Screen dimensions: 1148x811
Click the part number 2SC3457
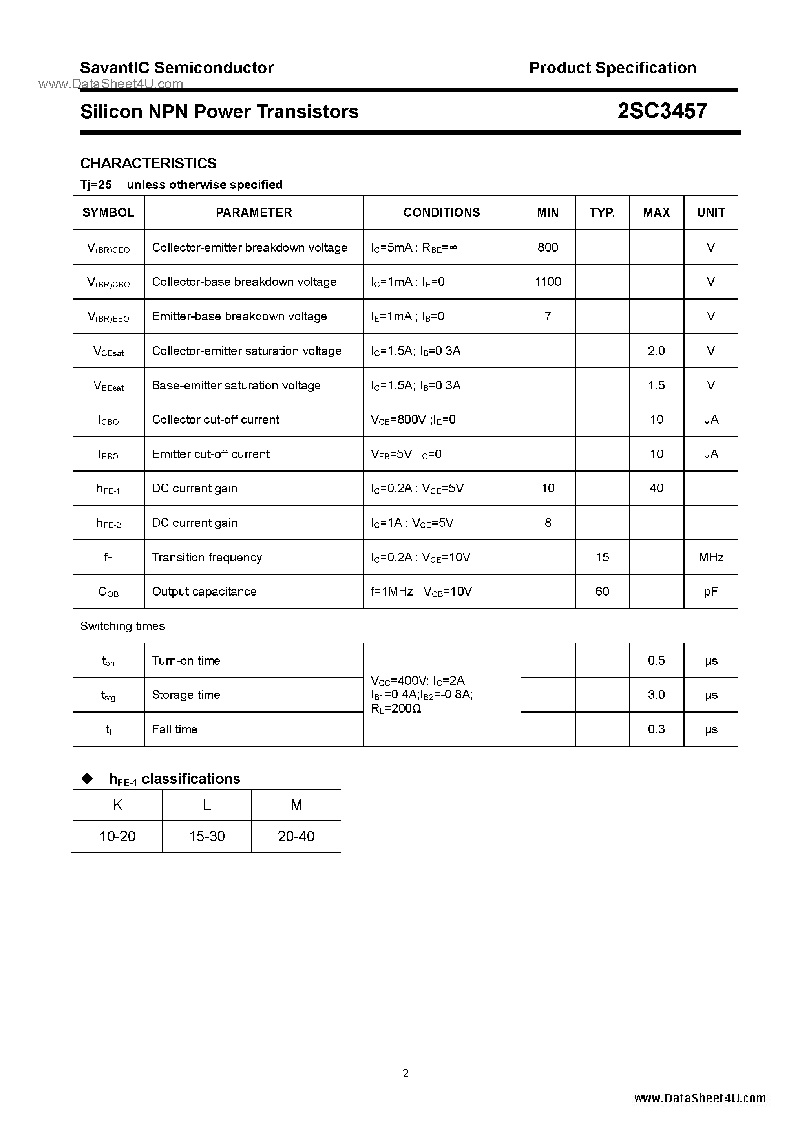click(x=662, y=111)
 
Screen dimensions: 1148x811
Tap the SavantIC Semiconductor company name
click(x=177, y=68)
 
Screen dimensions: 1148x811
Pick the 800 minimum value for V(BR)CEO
click(x=548, y=247)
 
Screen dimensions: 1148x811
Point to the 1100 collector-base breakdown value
click(x=548, y=282)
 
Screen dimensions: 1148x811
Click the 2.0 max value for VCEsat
click(x=656, y=351)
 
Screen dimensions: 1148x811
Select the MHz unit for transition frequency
click(x=711, y=557)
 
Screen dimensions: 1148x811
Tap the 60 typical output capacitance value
click(x=602, y=592)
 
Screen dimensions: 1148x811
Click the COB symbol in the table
click(x=108, y=592)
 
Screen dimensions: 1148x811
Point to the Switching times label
click(x=122, y=626)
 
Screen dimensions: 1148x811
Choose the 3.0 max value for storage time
click(x=656, y=695)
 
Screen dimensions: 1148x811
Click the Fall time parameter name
click(x=175, y=729)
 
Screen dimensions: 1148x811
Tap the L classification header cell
click(x=206, y=804)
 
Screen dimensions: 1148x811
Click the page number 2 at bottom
click(x=405, y=1073)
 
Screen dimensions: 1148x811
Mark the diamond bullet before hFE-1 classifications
click(x=88, y=779)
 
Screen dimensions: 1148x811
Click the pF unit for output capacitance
click(x=711, y=592)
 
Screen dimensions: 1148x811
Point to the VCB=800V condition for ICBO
click(x=398, y=419)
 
